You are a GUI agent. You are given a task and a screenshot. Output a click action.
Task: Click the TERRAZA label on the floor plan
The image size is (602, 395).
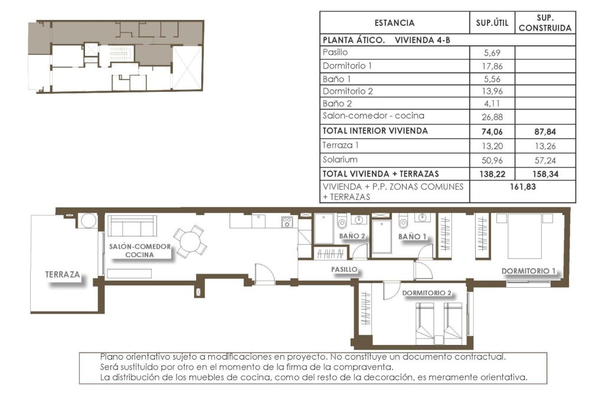(63, 275)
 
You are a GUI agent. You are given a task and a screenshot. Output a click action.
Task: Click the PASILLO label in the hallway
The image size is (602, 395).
(345, 269)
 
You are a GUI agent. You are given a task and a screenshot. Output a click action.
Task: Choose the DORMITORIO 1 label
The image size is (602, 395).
(529, 271)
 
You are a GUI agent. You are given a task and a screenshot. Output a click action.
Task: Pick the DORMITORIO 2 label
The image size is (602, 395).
(427, 292)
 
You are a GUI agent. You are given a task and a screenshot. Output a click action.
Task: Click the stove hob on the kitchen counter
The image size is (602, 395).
(287, 222)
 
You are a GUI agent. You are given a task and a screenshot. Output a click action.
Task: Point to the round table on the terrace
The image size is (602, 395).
(89, 220)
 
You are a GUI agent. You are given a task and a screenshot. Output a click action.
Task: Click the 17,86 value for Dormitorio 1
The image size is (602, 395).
(493, 65)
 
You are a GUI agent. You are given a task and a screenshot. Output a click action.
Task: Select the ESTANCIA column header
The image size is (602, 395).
(394, 23)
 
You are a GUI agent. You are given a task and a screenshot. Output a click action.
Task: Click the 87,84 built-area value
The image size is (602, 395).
(545, 131)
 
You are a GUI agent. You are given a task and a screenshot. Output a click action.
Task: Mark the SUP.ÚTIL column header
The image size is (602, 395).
(492, 23)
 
